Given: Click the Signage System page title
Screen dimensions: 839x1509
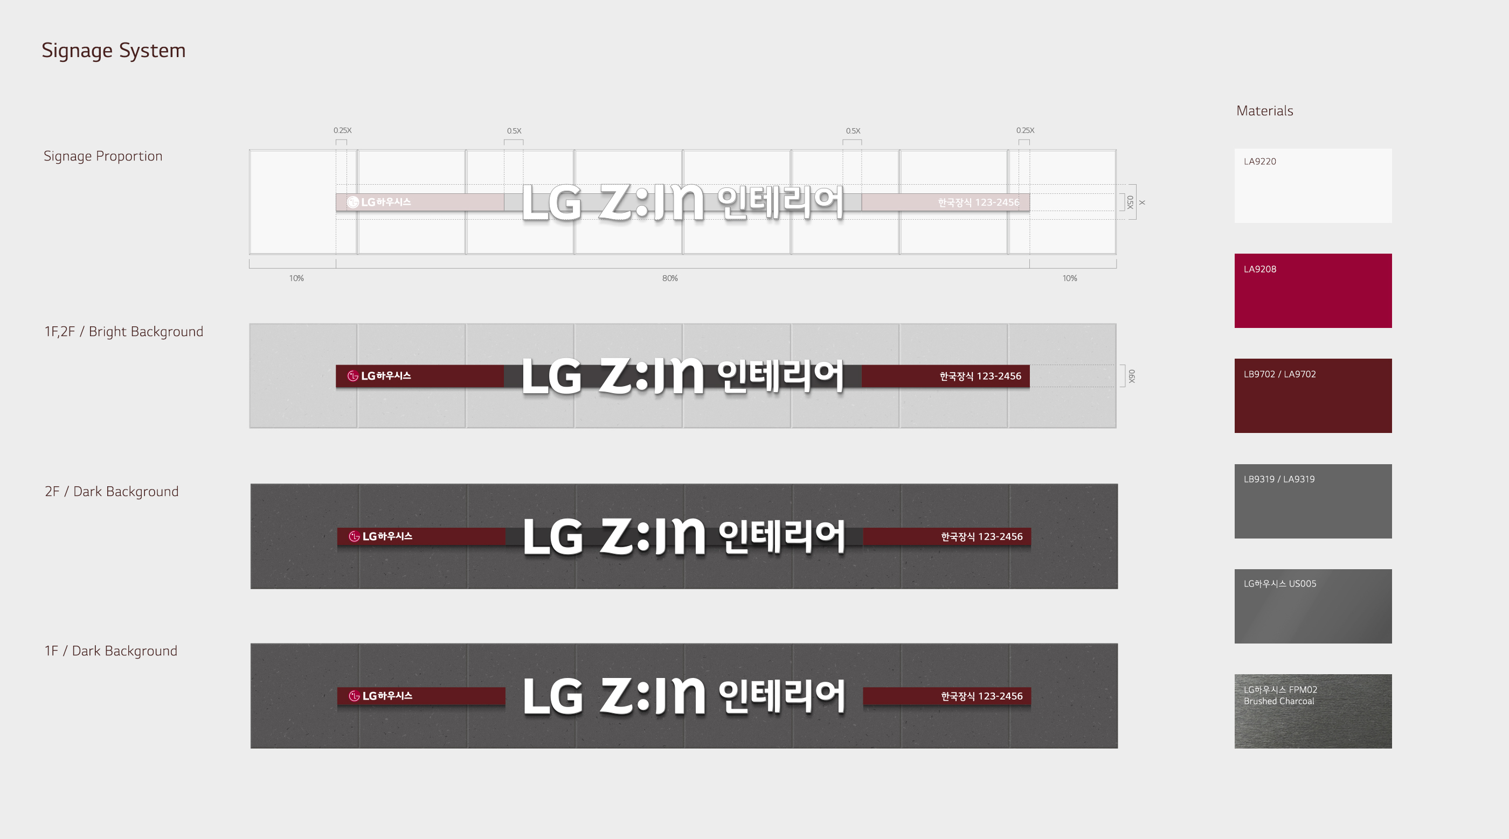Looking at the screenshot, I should click(x=113, y=51).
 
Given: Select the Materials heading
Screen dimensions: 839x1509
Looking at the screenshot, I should click(x=1264, y=110).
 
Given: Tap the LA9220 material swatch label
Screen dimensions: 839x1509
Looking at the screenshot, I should click(x=1259, y=162).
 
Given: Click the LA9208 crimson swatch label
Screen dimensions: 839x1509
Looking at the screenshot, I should click(x=1259, y=269).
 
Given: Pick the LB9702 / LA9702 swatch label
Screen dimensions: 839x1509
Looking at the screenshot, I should click(x=1279, y=374).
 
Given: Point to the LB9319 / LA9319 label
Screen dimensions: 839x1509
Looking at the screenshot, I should click(x=1279, y=479).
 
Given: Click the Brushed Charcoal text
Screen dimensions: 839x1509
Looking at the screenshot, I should click(x=1278, y=701).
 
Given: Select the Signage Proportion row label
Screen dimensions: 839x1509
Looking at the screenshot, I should click(x=102, y=156).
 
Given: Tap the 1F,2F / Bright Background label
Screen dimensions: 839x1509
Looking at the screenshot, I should click(x=123, y=331).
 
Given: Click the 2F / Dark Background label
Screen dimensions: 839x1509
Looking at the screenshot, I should click(x=112, y=491).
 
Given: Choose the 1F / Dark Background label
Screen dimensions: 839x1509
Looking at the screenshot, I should click(x=110, y=651).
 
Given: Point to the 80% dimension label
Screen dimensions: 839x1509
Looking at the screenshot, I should click(x=669, y=278).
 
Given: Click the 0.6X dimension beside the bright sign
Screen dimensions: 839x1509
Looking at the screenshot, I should click(x=1131, y=376).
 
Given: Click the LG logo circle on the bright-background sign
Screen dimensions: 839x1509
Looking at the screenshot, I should click(x=352, y=376).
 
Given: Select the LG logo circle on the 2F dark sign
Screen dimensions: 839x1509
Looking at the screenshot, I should click(x=354, y=536).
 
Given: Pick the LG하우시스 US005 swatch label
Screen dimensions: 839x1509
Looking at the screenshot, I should click(x=1279, y=584).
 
